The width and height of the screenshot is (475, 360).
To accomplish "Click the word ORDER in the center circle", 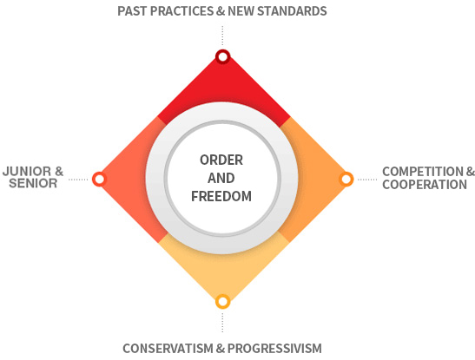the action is click(221, 160).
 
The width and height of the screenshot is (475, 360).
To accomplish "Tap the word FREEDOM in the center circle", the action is click(221, 196).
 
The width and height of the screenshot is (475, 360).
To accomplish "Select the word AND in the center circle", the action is click(221, 178).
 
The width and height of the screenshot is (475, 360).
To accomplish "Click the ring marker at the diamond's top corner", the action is click(222, 56).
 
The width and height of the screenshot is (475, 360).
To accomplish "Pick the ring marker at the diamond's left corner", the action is click(99, 179).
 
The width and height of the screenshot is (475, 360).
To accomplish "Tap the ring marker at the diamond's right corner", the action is click(346, 179).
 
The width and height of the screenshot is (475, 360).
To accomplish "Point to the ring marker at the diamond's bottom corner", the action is click(222, 302).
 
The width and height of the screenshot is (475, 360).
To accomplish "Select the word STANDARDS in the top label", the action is click(292, 11).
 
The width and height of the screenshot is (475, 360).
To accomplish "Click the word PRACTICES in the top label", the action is click(181, 11).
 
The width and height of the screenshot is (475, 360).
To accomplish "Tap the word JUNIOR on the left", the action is click(27, 172).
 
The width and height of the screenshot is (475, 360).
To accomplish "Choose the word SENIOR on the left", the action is click(33, 183).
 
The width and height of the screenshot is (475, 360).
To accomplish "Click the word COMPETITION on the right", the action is click(424, 172).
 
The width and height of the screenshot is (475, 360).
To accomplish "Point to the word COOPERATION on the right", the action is click(425, 185).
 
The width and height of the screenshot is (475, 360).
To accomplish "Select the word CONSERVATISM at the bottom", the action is click(168, 349).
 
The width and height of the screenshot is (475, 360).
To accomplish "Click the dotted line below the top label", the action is click(222, 36).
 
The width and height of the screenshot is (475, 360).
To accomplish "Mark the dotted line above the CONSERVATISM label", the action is click(222, 323).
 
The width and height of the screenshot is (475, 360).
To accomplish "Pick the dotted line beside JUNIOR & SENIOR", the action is click(78, 180).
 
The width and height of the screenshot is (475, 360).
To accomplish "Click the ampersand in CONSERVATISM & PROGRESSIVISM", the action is click(221, 349).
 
